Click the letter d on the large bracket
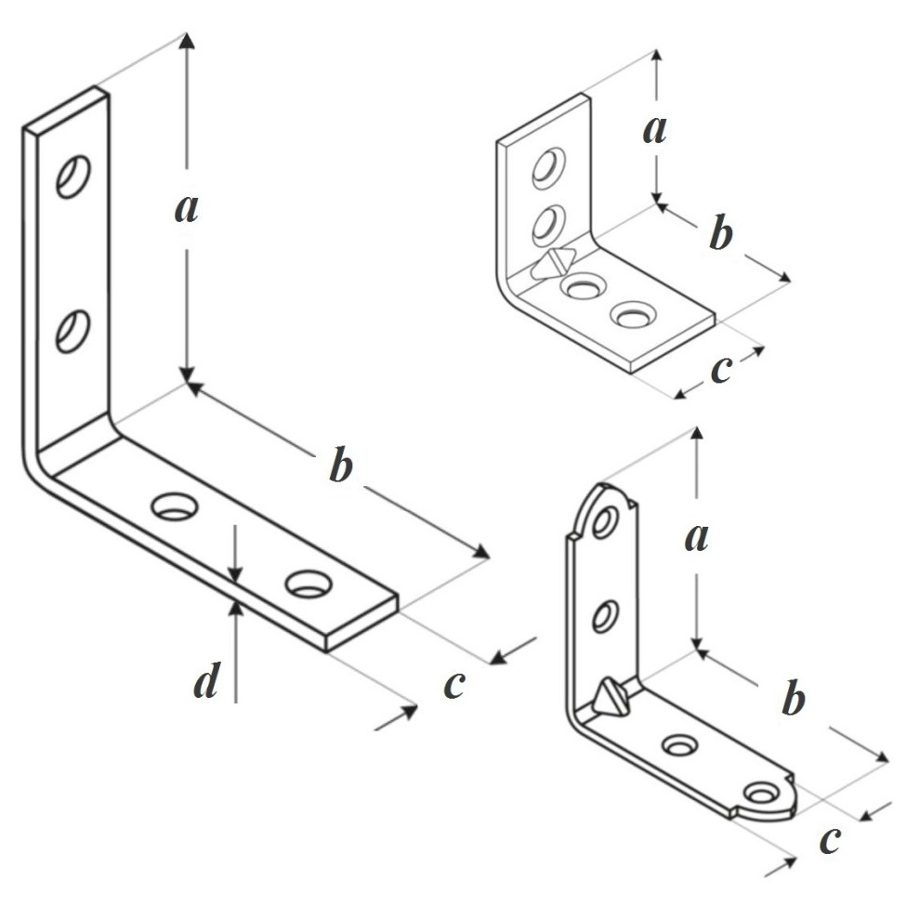coord(206,683)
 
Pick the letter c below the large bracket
coord(453,684)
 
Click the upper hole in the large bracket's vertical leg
coord(72,176)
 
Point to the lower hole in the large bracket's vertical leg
coord(72,331)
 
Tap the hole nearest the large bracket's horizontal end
coord(309,584)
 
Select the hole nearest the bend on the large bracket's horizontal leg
coord(175,506)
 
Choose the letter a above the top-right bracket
coord(655,130)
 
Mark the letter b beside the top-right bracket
coord(720,234)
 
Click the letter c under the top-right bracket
coord(720,368)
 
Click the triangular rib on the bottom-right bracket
coord(611,697)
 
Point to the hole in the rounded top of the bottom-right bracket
coord(604,522)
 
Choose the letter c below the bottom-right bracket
coord(829,839)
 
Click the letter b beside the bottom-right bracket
coord(792,700)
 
